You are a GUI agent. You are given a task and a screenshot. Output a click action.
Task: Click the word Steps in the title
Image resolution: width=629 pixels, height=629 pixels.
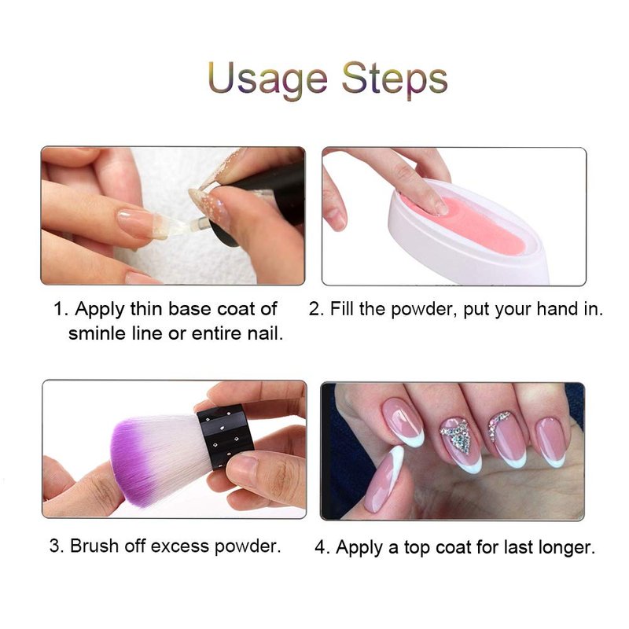[x=395, y=79]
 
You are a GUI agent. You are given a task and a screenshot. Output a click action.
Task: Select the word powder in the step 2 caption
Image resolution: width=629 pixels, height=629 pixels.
[x=424, y=309]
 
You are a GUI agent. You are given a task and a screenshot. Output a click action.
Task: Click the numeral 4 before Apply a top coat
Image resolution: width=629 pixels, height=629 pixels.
[x=322, y=547]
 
